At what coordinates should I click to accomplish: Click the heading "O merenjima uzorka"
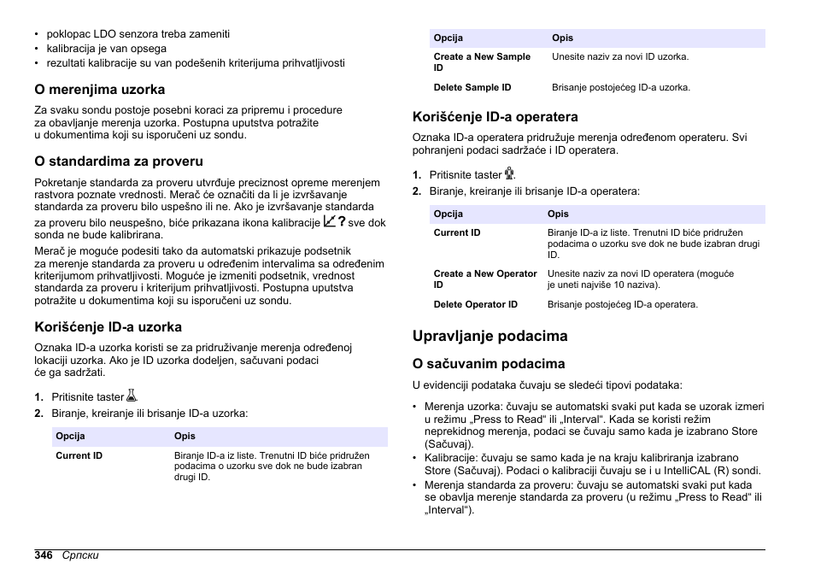99,90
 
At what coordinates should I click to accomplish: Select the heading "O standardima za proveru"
119,161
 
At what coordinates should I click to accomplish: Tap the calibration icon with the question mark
334,221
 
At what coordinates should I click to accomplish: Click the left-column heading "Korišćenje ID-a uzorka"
108,327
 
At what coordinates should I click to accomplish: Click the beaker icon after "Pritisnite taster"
132,396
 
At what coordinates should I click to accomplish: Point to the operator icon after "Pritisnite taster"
509,173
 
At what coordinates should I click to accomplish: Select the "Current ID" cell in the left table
79,456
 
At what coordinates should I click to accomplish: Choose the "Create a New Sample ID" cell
482,62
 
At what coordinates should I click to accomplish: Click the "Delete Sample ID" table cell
472,87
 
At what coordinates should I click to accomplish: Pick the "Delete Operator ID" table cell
475,304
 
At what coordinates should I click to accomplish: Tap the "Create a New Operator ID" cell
485,279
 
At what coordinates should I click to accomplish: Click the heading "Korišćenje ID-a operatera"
495,117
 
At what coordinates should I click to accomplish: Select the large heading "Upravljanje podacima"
490,336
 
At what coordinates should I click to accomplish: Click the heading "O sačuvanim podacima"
489,364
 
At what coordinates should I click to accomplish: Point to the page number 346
44,555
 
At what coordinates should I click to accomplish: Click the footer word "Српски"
79,555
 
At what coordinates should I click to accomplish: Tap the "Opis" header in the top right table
562,38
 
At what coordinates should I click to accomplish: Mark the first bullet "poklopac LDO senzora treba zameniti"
138,34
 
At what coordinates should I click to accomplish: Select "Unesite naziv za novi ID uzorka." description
620,57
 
